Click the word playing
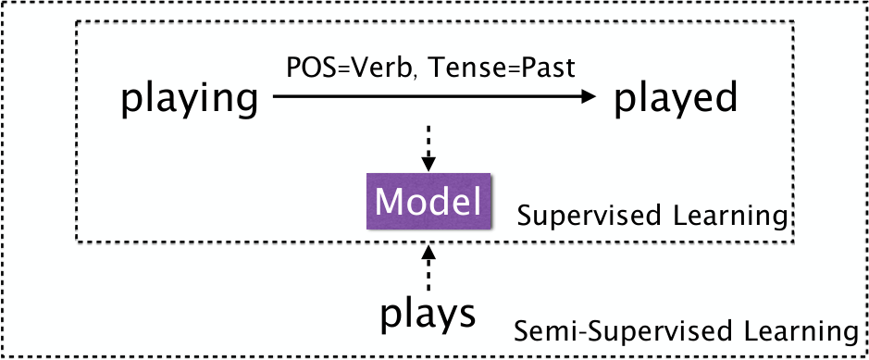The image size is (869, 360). tap(189, 101)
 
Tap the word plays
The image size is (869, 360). tap(428, 316)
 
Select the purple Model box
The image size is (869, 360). tap(428, 201)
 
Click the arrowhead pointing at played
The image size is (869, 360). tap(588, 97)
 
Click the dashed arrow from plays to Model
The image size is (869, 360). tap(428, 268)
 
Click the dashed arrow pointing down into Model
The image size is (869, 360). tap(428, 148)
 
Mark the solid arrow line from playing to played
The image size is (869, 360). tap(435, 97)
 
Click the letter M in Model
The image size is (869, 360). tap(390, 202)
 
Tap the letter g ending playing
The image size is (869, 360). tap(245, 105)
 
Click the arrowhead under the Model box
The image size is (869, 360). tap(428, 252)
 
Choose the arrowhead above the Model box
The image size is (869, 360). tap(428, 164)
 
